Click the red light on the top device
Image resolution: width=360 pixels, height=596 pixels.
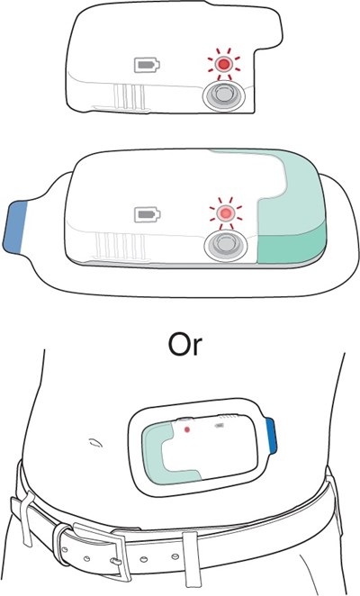point(223,65)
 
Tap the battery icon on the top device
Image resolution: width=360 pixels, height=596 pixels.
point(147,65)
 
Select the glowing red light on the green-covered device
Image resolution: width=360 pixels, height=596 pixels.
point(225,212)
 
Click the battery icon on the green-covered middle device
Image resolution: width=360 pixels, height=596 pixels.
point(148,215)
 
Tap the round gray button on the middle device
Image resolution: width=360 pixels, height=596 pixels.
point(225,245)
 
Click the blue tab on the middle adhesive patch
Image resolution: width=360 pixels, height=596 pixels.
point(15,227)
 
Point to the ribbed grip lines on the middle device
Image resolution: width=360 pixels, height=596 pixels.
point(121,245)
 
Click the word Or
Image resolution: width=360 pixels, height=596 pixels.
point(185,345)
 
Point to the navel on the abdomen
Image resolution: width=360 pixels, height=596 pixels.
point(95,442)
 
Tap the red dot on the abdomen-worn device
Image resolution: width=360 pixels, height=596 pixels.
point(186,429)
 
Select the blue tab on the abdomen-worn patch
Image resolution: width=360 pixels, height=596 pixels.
point(272,436)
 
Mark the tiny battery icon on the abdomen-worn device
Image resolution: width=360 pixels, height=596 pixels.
point(220,426)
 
